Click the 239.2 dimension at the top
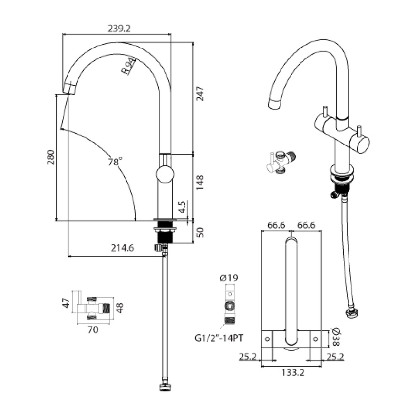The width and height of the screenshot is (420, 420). (119, 28)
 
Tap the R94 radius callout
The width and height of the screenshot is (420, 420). (128, 66)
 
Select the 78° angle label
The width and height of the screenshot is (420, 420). (115, 162)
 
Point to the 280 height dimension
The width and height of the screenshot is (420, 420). (50, 157)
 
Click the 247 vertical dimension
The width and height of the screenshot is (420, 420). (200, 94)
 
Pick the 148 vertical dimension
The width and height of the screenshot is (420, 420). (200, 183)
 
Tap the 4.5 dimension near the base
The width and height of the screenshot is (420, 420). (182, 207)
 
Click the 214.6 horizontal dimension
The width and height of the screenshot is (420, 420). (122, 248)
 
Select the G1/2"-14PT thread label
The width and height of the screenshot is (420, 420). (219, 338)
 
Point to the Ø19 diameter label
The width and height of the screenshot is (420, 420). (229, 278)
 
